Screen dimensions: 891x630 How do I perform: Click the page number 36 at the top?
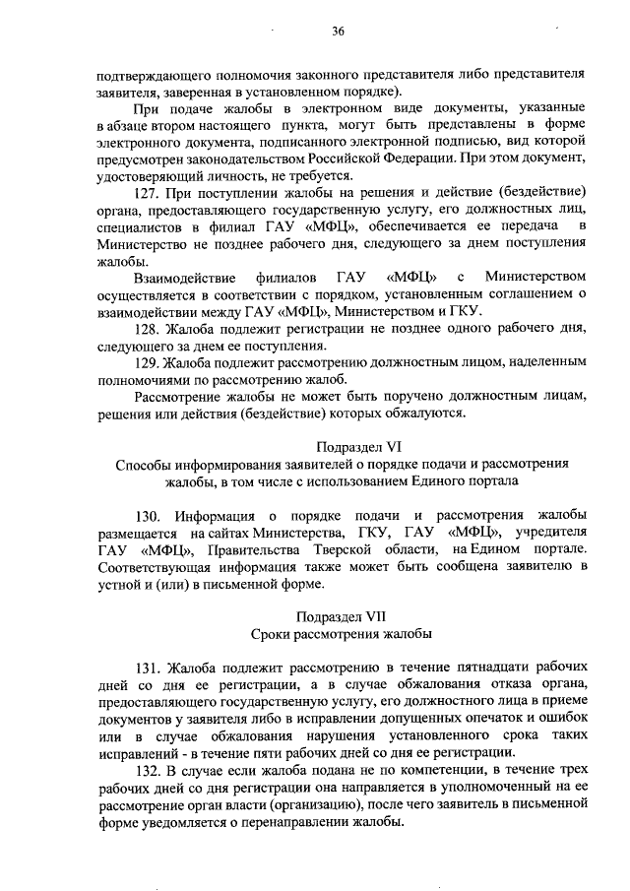(338, 32)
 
